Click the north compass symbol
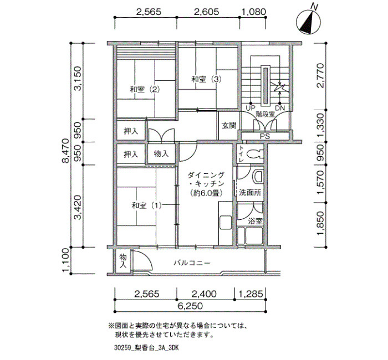click(x=309, y=20)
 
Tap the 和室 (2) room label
click(x=145, y=89)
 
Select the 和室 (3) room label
click(x=206, y=79)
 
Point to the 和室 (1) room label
click(x=146, y=205)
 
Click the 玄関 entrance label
click(x=229, y=126)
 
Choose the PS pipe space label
click(x=264, y=136)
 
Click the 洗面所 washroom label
click(x=250, y=193)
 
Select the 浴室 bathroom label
click(x=255, y=221)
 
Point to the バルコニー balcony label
click(x=192, y=263)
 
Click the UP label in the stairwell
click(x=251, y=108)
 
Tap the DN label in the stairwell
click(x=280, y=108)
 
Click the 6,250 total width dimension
click(x=190, y=306)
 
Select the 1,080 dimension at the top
click(x=253, y=12)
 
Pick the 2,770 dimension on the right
click(x=320, y=75)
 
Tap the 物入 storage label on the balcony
click(x=123, y=261)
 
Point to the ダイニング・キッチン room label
click(x=206, y=184)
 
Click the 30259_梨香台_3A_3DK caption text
click(x=146, y=348)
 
